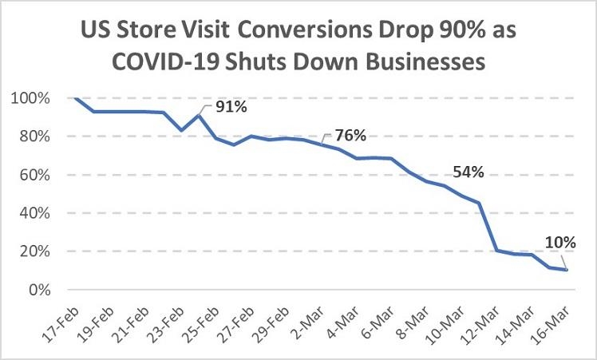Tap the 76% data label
tap(350, 136)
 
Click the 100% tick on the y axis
tap(30, 98)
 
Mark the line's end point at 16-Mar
tap(567, 270)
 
